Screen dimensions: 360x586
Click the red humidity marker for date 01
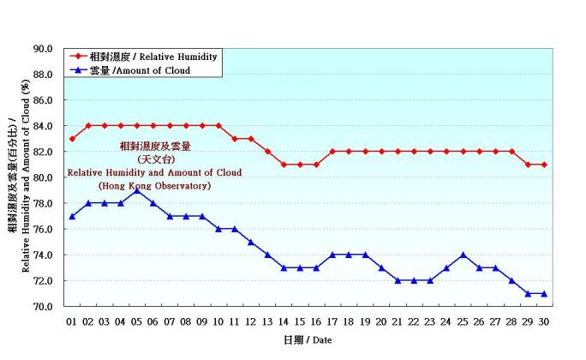[72, 139]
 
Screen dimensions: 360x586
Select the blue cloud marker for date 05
[137, 190]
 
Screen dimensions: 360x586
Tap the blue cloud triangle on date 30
[544, 293]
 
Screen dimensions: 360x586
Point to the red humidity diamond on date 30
[544, 165]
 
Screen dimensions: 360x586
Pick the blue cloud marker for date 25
[463, 255]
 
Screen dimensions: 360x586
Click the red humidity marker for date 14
[284, 165]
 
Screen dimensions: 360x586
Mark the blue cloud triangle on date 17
[332, 255]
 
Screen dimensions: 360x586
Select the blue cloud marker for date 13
[267, 255]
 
